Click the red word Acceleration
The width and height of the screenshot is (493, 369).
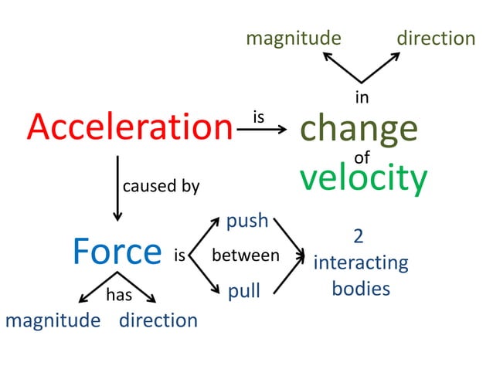coord(130,128)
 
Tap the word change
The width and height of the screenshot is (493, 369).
coord(359,130)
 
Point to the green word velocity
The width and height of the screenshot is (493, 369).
coord(363,178)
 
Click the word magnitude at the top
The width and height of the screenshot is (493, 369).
coord(294,38)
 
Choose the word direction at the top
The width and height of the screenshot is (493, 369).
coord(436,38)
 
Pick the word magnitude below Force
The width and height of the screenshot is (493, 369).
coord(53,320)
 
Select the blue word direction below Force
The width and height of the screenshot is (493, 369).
coord(158,320)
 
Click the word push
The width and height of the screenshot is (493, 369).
coord(246,222)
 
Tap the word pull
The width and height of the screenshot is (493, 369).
coord(243,292)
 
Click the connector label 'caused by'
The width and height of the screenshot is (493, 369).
coord(161,186)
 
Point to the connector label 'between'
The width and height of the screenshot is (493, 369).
coord(245,256)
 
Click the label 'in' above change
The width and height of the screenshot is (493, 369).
coord(361,97)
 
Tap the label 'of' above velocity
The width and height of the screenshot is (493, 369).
coord(362,158)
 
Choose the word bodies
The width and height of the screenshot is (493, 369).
coord(361,289)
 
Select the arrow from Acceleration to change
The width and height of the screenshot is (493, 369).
coord(261,130)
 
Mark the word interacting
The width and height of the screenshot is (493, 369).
coord(361,262)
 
